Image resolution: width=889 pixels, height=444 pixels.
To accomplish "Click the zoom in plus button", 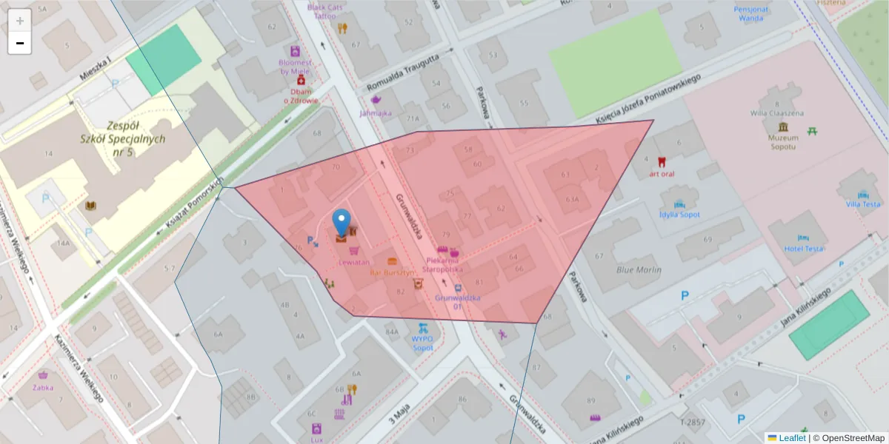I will pyautogui.click(x=20, y=21).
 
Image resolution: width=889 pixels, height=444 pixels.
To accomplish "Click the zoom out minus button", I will pyautogui.click(x=20, y=43).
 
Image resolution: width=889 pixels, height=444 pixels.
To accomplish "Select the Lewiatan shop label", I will pyautogui.click(x=353, y=262).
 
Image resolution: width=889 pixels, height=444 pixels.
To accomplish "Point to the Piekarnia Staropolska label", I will pyautogui.click(x=441, y=264).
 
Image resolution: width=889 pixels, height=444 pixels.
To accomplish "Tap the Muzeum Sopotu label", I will pyautogui.click(x=783, y=141).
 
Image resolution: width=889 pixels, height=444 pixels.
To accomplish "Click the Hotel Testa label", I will pyautogui.click(x=804, y=249).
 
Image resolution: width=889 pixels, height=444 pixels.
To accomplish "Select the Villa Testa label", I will pyautogui.click(x=863, y=203).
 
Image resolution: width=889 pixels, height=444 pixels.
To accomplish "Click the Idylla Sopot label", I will pyautogui.click(x=679, y=215).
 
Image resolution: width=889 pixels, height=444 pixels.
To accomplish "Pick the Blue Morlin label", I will pyautogui.click(x=639, y=270).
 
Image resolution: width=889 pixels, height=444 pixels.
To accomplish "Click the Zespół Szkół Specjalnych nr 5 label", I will pyautogui.click(x=124, y=138).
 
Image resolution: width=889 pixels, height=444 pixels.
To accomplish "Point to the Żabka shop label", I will pyautogui.click(x=43, y=386).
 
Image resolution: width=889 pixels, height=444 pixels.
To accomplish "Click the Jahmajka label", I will pyautogui.click(x=376, y=113).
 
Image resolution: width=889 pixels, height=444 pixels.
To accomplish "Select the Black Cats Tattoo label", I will pyautogui.click(x=325, y=11).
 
